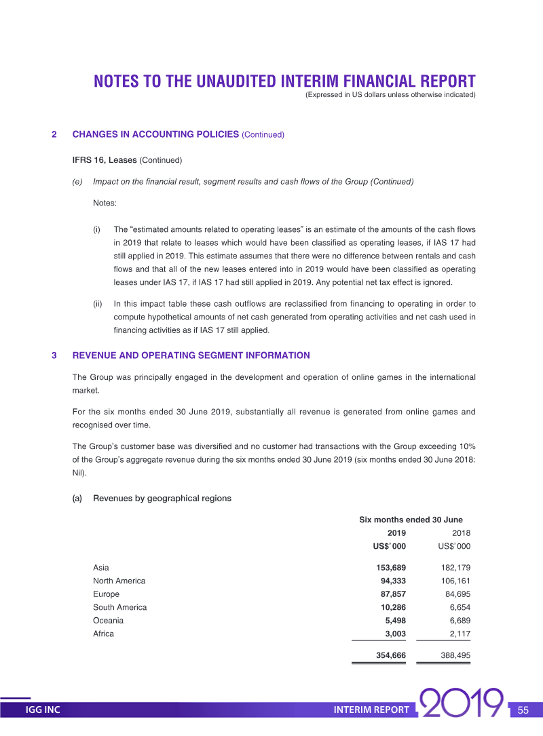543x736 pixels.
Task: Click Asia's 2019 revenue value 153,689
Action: [390, 568]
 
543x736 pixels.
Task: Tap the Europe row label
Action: [106, 594]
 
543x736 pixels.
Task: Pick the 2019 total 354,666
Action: [390, 655]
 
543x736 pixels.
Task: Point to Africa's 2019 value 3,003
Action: [394, 634]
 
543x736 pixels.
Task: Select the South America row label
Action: [119, 607]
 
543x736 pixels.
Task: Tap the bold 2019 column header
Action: [396, 533]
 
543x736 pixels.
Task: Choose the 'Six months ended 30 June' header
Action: [411, 520]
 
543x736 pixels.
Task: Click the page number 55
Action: [523, 710]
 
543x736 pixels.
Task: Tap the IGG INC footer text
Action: [43, 710]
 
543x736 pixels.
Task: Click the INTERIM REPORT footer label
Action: [371, 710]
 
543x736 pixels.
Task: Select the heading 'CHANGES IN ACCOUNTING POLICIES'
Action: [155, 134]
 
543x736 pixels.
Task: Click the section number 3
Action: [54, 355]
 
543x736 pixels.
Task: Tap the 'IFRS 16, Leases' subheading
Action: [105, 160]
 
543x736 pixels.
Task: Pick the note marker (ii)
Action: [97, 304]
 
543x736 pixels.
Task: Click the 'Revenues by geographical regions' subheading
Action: [162, 499]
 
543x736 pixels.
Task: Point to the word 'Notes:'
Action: [105, 204]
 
